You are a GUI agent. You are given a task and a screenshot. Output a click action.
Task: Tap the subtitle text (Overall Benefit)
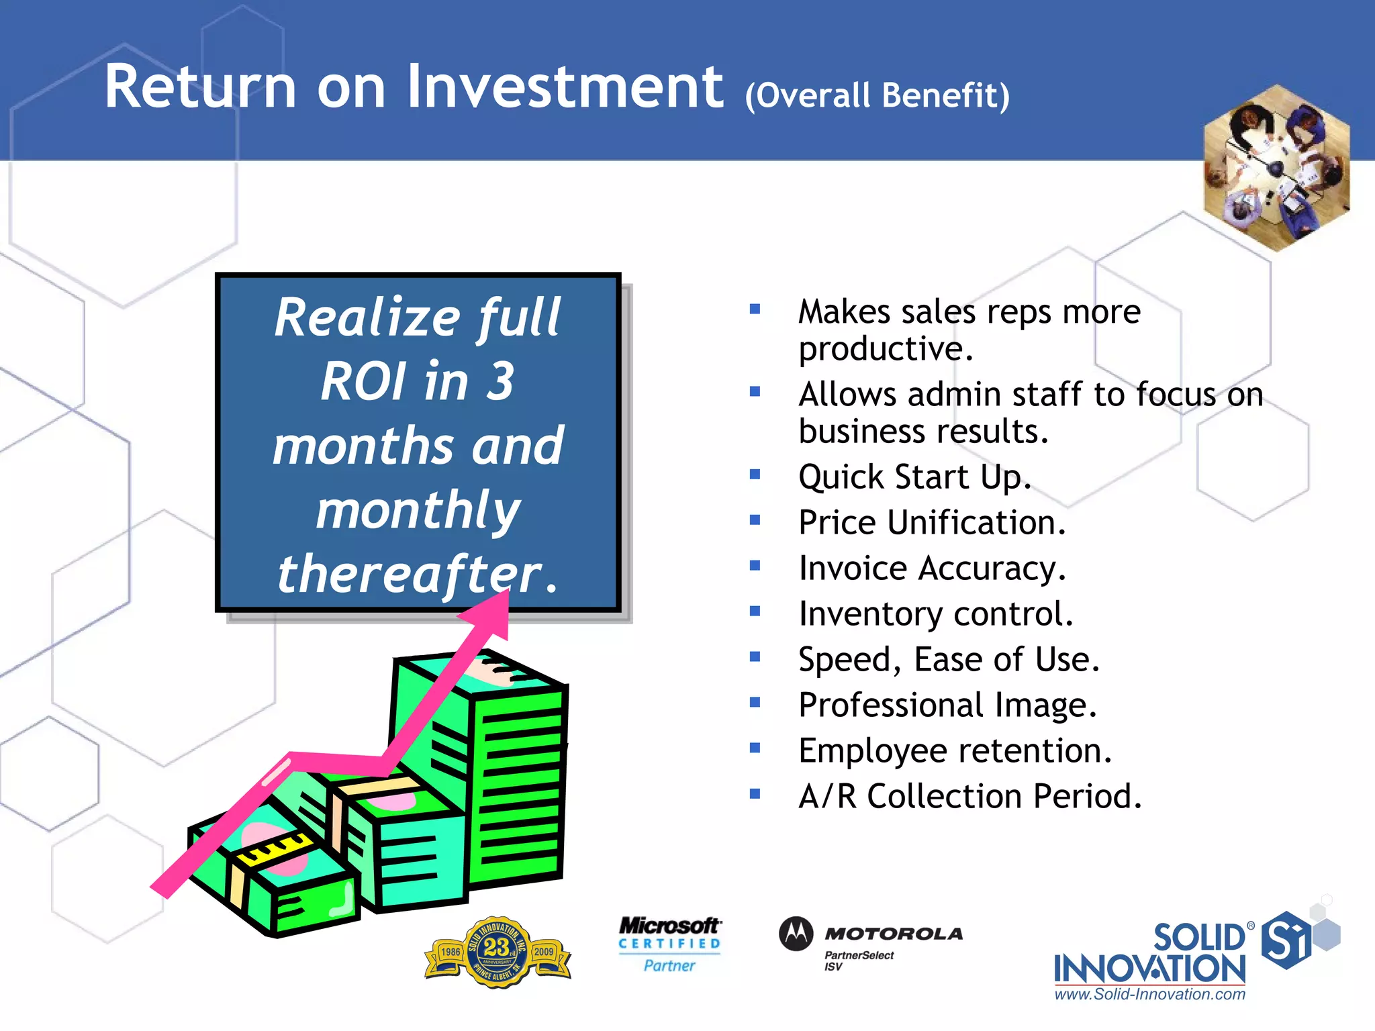point(877,95)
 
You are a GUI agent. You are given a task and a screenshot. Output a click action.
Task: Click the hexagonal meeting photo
point(1276,168)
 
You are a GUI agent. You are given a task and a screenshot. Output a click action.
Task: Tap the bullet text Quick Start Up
point(914,477)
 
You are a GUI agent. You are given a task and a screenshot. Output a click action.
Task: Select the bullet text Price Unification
point(932,523)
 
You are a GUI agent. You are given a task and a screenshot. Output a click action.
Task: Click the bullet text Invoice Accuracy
point(932,569)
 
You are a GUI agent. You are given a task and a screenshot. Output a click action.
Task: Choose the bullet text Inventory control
point(936,614)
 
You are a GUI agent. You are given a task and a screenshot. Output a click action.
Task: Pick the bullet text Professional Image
point(947,705)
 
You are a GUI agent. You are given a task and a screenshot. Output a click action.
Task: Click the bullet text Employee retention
point(955,751)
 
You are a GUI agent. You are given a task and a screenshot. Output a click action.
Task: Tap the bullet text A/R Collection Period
point(969,797)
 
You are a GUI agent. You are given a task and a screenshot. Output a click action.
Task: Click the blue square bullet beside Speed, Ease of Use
point(755,656)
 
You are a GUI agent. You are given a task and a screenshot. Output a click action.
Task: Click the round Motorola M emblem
point(796,934)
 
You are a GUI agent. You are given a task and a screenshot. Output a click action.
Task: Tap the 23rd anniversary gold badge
point(497,952)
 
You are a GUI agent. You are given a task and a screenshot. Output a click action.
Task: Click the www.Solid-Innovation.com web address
point(1149,995)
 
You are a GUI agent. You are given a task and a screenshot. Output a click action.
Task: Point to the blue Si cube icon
point(1286,940)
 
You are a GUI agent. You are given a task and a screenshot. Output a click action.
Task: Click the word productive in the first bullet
point(885,349)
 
